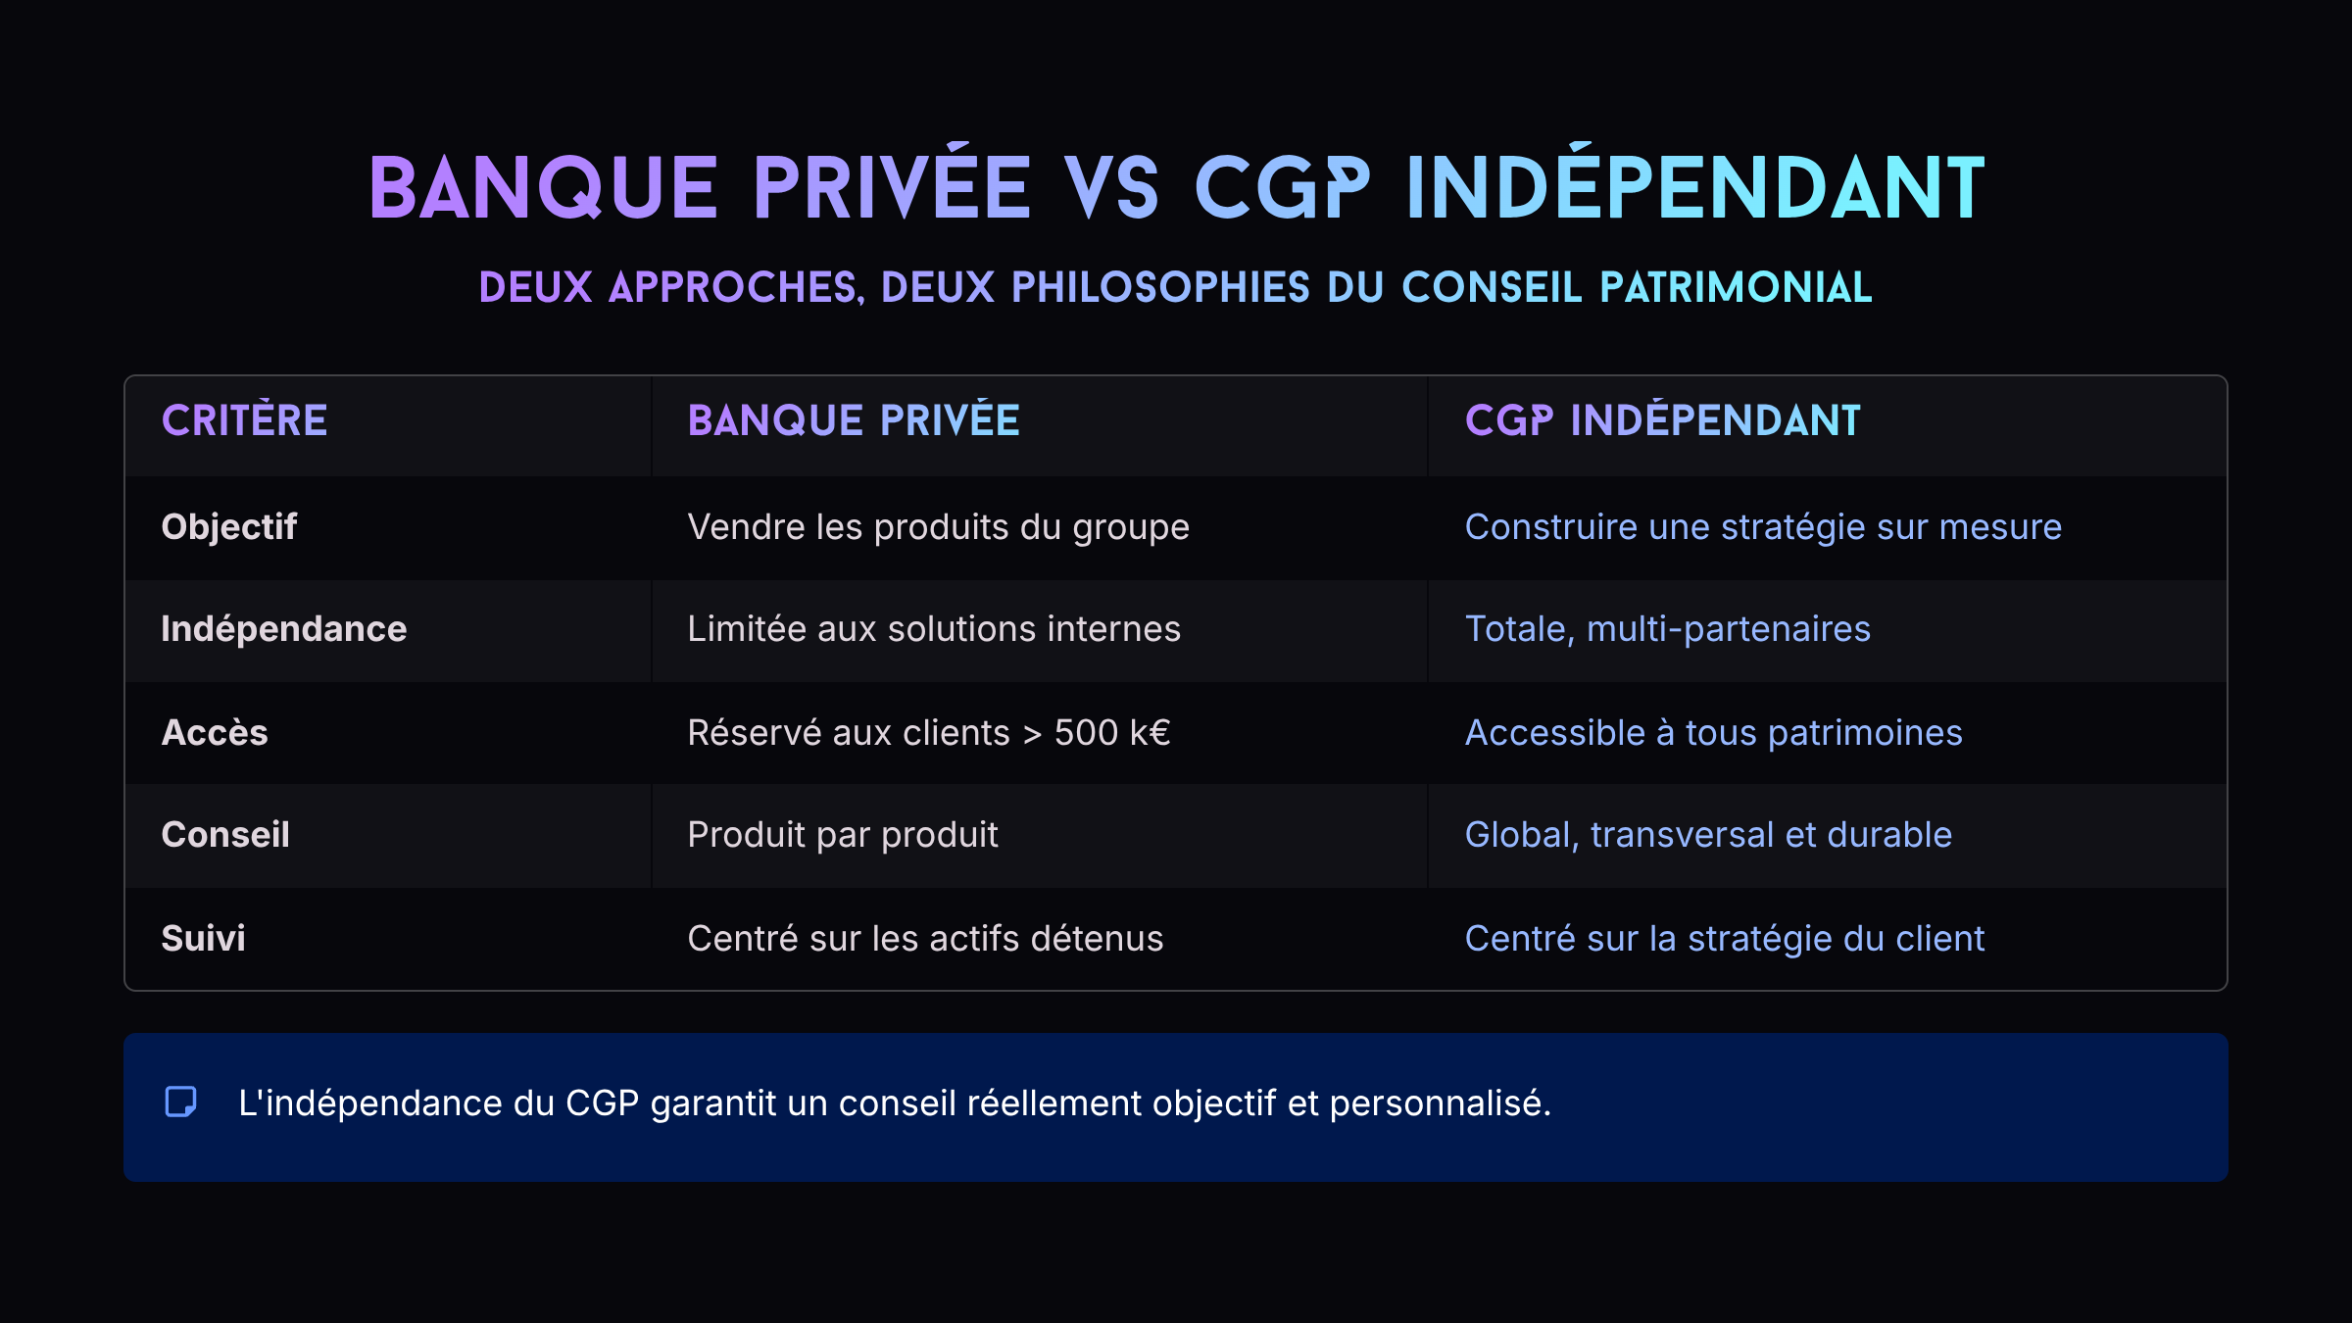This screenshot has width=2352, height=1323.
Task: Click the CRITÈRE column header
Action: point(244,420)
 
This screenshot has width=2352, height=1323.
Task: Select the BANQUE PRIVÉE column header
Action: point(854,420)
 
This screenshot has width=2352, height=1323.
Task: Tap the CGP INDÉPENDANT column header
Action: point(1662,420)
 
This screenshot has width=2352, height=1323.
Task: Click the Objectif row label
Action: point(229,527)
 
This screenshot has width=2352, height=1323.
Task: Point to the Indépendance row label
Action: point(284,629)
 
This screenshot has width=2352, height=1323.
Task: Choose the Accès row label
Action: point(215,733)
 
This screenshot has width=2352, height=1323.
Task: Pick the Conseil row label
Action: point(225,835)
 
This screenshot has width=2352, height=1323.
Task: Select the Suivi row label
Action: point(204,939)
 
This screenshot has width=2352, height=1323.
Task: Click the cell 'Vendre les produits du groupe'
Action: point(939,527)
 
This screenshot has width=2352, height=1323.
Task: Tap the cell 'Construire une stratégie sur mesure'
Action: point(1763,527)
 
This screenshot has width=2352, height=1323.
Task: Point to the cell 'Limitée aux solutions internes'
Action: point(934,629)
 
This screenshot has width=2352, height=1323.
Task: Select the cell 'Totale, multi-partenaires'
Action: point(1668,629)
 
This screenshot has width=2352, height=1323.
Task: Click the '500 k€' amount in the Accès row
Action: point(1112,733)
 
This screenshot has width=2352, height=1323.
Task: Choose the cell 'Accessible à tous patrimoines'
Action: point(1714,733)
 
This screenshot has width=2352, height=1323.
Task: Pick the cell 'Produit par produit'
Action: point(843,835)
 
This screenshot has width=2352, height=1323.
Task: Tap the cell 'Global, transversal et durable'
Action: point(1708,835)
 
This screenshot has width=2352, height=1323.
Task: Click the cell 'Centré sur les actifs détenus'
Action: point(925,939)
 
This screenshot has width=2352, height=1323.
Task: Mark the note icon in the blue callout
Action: point(180,1102)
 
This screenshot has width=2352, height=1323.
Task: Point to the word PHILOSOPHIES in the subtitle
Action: point(1160,288)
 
